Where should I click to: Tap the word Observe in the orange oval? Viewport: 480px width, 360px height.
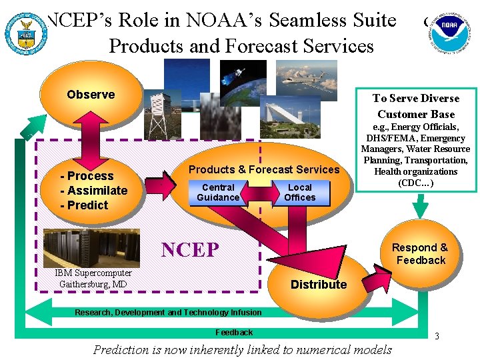pyautogui.click(x=91, y=95)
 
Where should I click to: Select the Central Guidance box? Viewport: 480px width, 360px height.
pyautogui.click(x=218, y=193)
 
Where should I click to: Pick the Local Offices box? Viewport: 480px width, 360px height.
pyautogui.click(x=300, y=193)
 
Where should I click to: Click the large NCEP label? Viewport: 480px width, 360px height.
pyautogui.click(x=190, y=249)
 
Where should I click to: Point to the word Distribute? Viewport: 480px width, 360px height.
pyautogui.click(x=319, y=285)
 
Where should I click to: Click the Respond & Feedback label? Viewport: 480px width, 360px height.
pyautogui.click(x=420, y=254)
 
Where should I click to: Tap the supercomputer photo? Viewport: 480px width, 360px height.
pyautogui.click(x=91, y=248)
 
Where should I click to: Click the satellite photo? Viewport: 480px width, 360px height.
pyautogui.click(x=243, y=83)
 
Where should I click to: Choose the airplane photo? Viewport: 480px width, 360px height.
pyautogui.click(x=306, y=80)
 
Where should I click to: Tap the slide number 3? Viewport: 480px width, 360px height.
pyautogui.click(x=437, y=337)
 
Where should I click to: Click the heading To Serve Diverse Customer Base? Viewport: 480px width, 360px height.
pyautogui.click(x=416, y=106)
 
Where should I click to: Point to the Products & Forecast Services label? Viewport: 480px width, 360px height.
pyautogui.click(x=264, y=170)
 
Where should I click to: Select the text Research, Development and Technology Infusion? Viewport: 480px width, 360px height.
pyautogui.click(x=168, y=313)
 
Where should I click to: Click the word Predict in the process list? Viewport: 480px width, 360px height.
pyautogui.click(x=87, y=205)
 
